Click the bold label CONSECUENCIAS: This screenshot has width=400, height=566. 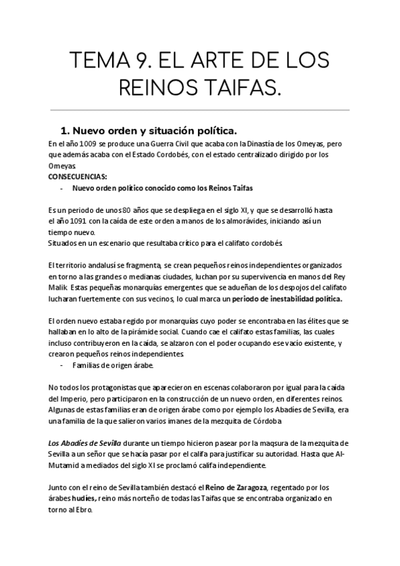[77, 177]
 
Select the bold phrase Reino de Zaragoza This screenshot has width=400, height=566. [231, 488]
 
